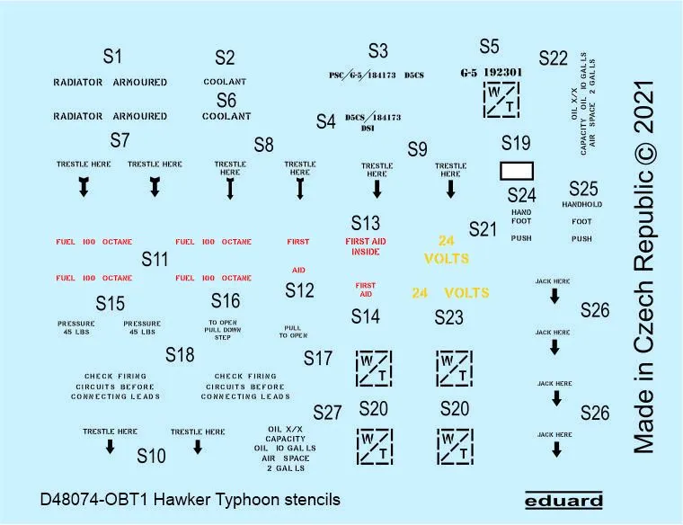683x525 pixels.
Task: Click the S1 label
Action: click(x=111, y=57)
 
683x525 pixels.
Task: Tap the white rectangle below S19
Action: click(x=516, y=171)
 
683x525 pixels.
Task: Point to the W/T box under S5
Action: click(x=500, y=100)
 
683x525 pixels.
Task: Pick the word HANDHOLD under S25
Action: click(x=581, y=205)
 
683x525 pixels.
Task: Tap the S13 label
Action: click(x=366, y=223)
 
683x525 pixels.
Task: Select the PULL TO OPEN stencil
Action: click(x=293, y=332)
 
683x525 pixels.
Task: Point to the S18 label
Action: click(x=180, y=355)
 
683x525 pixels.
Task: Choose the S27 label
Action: click(x=328, y=413)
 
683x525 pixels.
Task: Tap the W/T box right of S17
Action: click(x=373, y=366)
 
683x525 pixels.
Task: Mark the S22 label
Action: click(x=554, y=58)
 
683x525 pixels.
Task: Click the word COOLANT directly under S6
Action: click(x=226, y=117)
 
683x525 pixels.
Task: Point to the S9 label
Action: click(x=417, y=149)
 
